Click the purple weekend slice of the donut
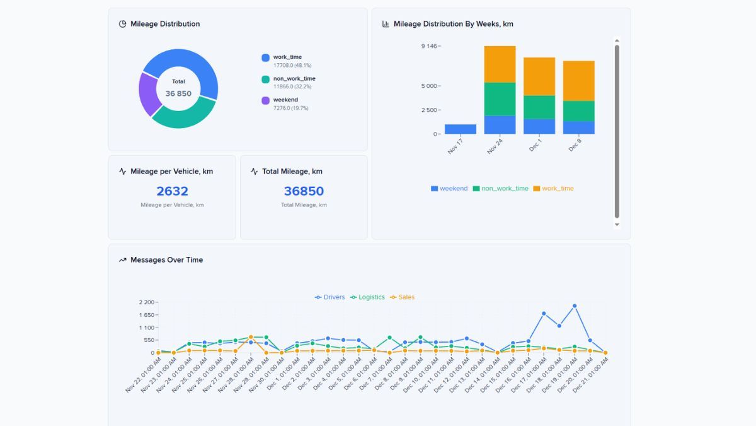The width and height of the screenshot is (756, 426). (149, 95)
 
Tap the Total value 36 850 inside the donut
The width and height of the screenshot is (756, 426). (178, 93)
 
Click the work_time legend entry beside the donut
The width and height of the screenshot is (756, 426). (287, 57)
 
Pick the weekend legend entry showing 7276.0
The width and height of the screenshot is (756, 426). (285, 100)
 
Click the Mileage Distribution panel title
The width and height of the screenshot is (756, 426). (165, 24)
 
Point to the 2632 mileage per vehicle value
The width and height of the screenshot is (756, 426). (172, 191)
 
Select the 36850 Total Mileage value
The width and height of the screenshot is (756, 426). (304, 191)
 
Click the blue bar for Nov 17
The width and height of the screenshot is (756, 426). (461, 129)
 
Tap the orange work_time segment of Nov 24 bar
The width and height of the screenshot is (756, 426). (500, 64)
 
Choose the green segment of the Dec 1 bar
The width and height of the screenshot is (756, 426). (539, 107)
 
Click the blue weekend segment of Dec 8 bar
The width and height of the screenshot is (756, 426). (578, 127)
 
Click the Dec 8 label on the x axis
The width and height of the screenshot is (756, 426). (575, 145)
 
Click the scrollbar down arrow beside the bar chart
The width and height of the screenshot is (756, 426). (617, 225)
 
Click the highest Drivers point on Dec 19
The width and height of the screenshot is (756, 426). (575, 306)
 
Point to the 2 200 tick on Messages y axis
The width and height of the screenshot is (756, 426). (147, 302)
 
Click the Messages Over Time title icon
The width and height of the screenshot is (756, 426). (122, 260)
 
